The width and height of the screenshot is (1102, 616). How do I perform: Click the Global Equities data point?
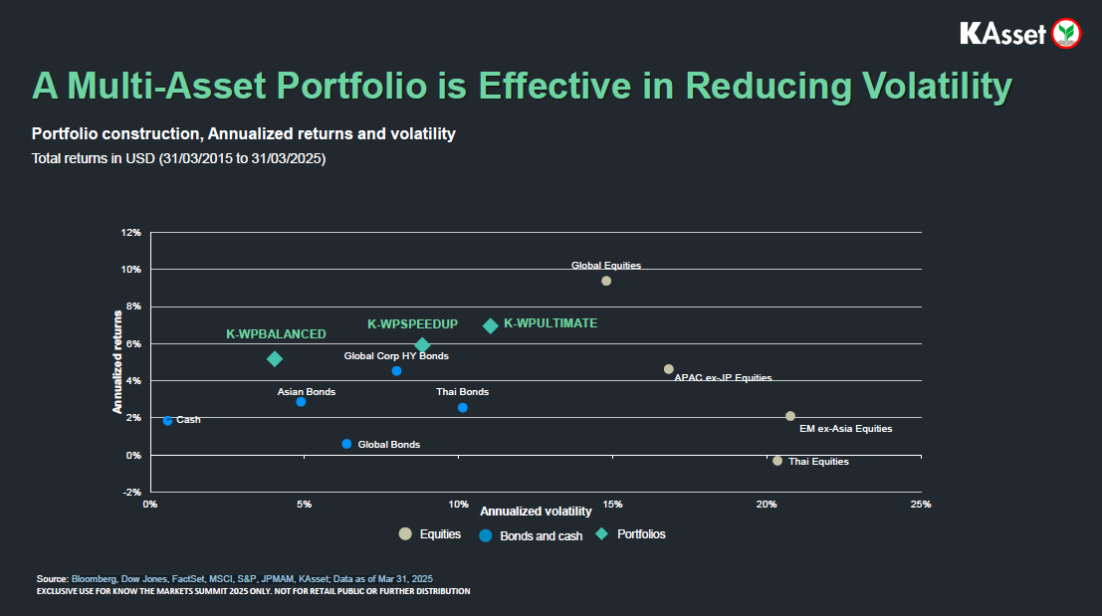(606, 281)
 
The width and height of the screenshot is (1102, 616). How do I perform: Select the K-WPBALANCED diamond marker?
(275, 358)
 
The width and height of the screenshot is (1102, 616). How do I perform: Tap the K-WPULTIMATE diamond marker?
(490, 325)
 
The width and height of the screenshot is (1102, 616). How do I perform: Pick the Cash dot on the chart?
(167, 421)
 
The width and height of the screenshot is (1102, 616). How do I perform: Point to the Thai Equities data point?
(777, 461)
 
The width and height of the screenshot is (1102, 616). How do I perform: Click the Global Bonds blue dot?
(346, 444)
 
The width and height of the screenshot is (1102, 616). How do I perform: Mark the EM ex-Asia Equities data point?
(790, 416)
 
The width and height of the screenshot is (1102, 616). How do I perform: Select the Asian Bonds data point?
(301, 402)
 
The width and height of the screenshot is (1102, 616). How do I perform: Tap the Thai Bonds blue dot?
(462, 408)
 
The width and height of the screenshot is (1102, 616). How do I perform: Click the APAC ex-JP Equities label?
(723, 378)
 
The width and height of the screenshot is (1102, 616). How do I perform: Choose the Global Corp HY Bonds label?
(396, 355)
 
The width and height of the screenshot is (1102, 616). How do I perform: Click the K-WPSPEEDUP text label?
(412, 324)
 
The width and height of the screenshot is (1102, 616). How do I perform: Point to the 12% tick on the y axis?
(131, 233)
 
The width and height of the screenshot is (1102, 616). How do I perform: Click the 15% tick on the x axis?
(612, 505)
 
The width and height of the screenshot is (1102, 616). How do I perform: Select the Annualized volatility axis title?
(536, 511)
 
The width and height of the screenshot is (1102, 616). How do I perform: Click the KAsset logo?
(1019, 33)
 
